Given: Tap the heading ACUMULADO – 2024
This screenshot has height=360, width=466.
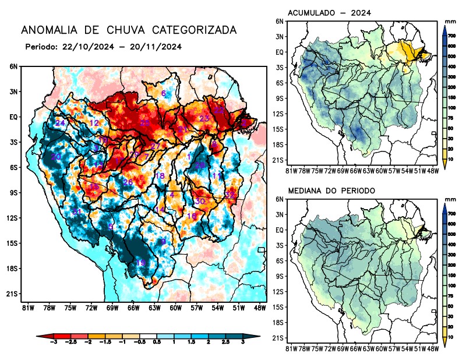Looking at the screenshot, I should point(329,13).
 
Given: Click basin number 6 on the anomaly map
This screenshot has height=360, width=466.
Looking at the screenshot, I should point(164,94).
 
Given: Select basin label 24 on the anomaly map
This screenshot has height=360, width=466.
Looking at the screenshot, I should point(60,123).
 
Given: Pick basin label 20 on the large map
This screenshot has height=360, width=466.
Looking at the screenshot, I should point(56,157).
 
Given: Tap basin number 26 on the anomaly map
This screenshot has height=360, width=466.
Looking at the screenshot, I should point(128,183).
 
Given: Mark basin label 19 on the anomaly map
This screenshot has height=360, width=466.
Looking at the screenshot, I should point(140,263).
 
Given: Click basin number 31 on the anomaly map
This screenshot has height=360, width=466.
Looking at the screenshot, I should point(77,211).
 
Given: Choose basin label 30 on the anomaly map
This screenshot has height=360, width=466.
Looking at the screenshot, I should point(200,201).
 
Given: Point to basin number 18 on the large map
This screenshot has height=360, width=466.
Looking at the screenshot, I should point(159,176).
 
